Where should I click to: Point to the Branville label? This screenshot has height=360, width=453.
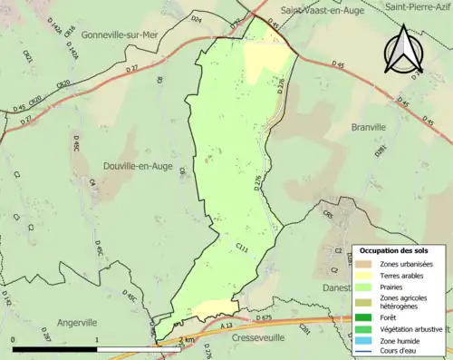click(x=369, y=128)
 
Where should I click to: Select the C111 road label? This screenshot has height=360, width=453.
click(x=242, y=247)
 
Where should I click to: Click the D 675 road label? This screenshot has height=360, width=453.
click(x=265, y=318)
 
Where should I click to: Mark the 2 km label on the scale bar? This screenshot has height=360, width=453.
click(x=188, y=339)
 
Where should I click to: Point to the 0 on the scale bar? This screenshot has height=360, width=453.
click(x=13, y=339)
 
